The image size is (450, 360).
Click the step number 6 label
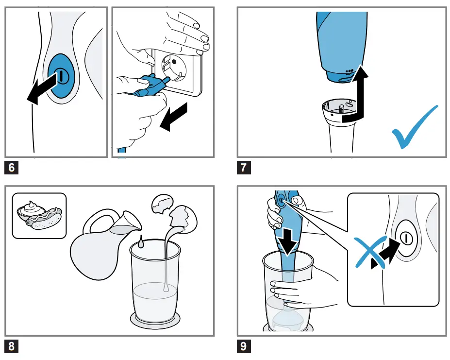pyautogui.click(x=12, y=168)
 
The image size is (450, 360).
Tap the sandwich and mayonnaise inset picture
pyautogui.click(x=39, y=215)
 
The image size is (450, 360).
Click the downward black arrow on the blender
pyautogui.click(x=290, y=242)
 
